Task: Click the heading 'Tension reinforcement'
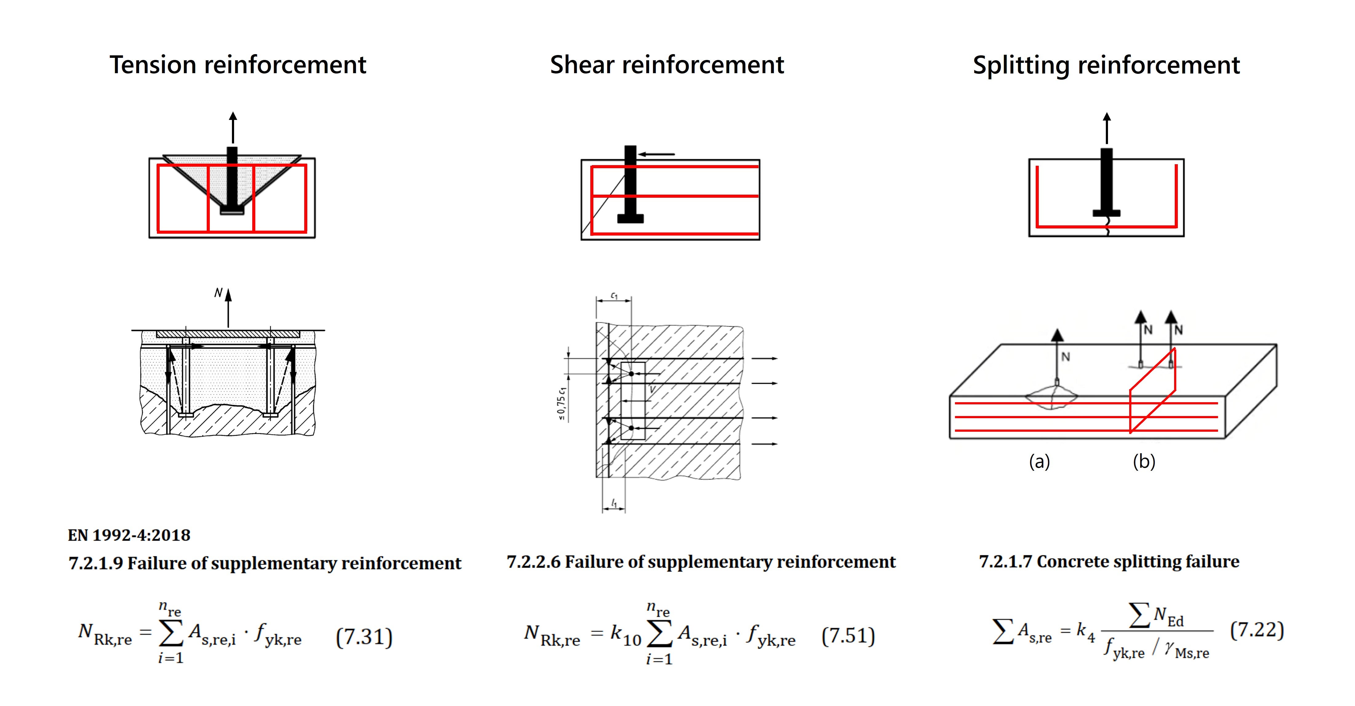point(238,65)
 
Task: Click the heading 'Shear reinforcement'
point(667,65)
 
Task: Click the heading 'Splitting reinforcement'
point(1106,65)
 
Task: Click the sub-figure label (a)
point(1039,462)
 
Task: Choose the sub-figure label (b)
point(1144,462)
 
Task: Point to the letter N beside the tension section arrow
point(218,293)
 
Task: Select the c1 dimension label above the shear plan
point(614,296)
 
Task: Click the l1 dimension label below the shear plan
point(614,504)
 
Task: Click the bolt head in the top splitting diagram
point(1106,213)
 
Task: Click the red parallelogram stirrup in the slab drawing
point(1152,392)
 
